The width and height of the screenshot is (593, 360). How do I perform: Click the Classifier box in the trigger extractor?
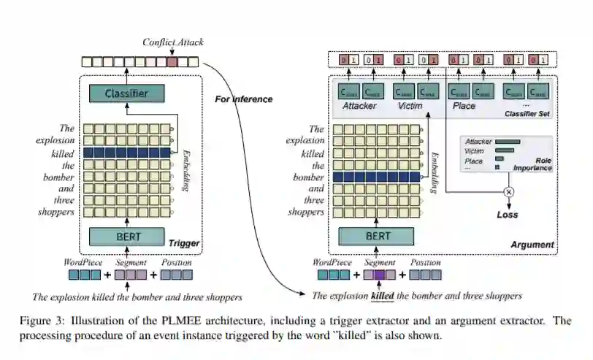tap(127, 93)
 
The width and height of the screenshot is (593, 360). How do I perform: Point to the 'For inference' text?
tap(244, 99)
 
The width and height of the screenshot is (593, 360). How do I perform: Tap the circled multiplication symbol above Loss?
tap(508, 191)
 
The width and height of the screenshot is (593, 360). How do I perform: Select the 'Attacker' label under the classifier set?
tap(359, 106)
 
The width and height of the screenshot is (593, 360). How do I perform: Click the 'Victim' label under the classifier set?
tap(410, 106)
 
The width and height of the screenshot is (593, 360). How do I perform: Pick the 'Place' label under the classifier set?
tap(464, 106)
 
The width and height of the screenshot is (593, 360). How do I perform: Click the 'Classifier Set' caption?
tap(526, 115)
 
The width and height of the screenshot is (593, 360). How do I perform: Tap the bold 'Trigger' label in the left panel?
tap(184, 243)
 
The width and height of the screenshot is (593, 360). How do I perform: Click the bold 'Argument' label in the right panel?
tap(533, 245)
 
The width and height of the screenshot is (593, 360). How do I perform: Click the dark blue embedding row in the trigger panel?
tap(126, 152)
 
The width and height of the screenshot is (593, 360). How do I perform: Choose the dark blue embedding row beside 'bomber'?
tap(375, 177)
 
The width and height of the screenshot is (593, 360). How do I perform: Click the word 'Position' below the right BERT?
tap(426, 262)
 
